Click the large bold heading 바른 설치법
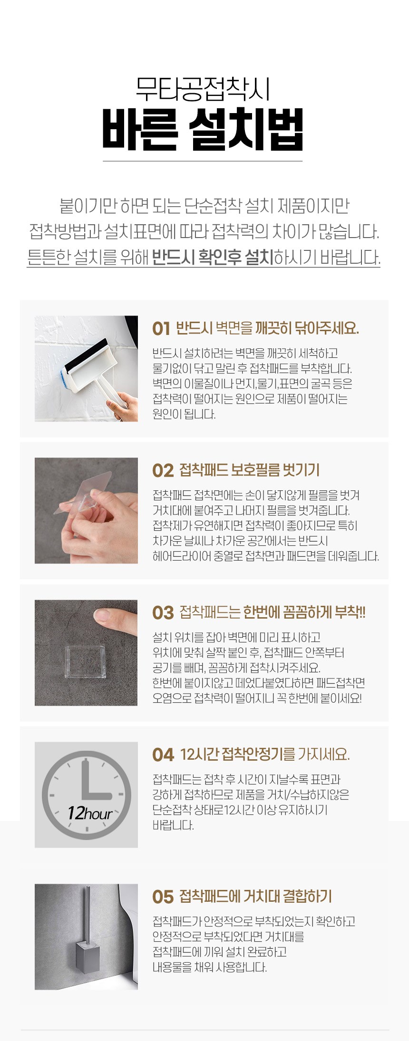(x=203, y=129)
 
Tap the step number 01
(x=161, y=328)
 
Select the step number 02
(x=163, y=470)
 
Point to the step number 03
(x=163, y=612)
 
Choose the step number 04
(x=163, y=754)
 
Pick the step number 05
(x=163, y=897)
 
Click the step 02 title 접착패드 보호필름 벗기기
(x=249, y=470)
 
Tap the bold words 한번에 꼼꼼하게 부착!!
(x=304, y=612)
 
